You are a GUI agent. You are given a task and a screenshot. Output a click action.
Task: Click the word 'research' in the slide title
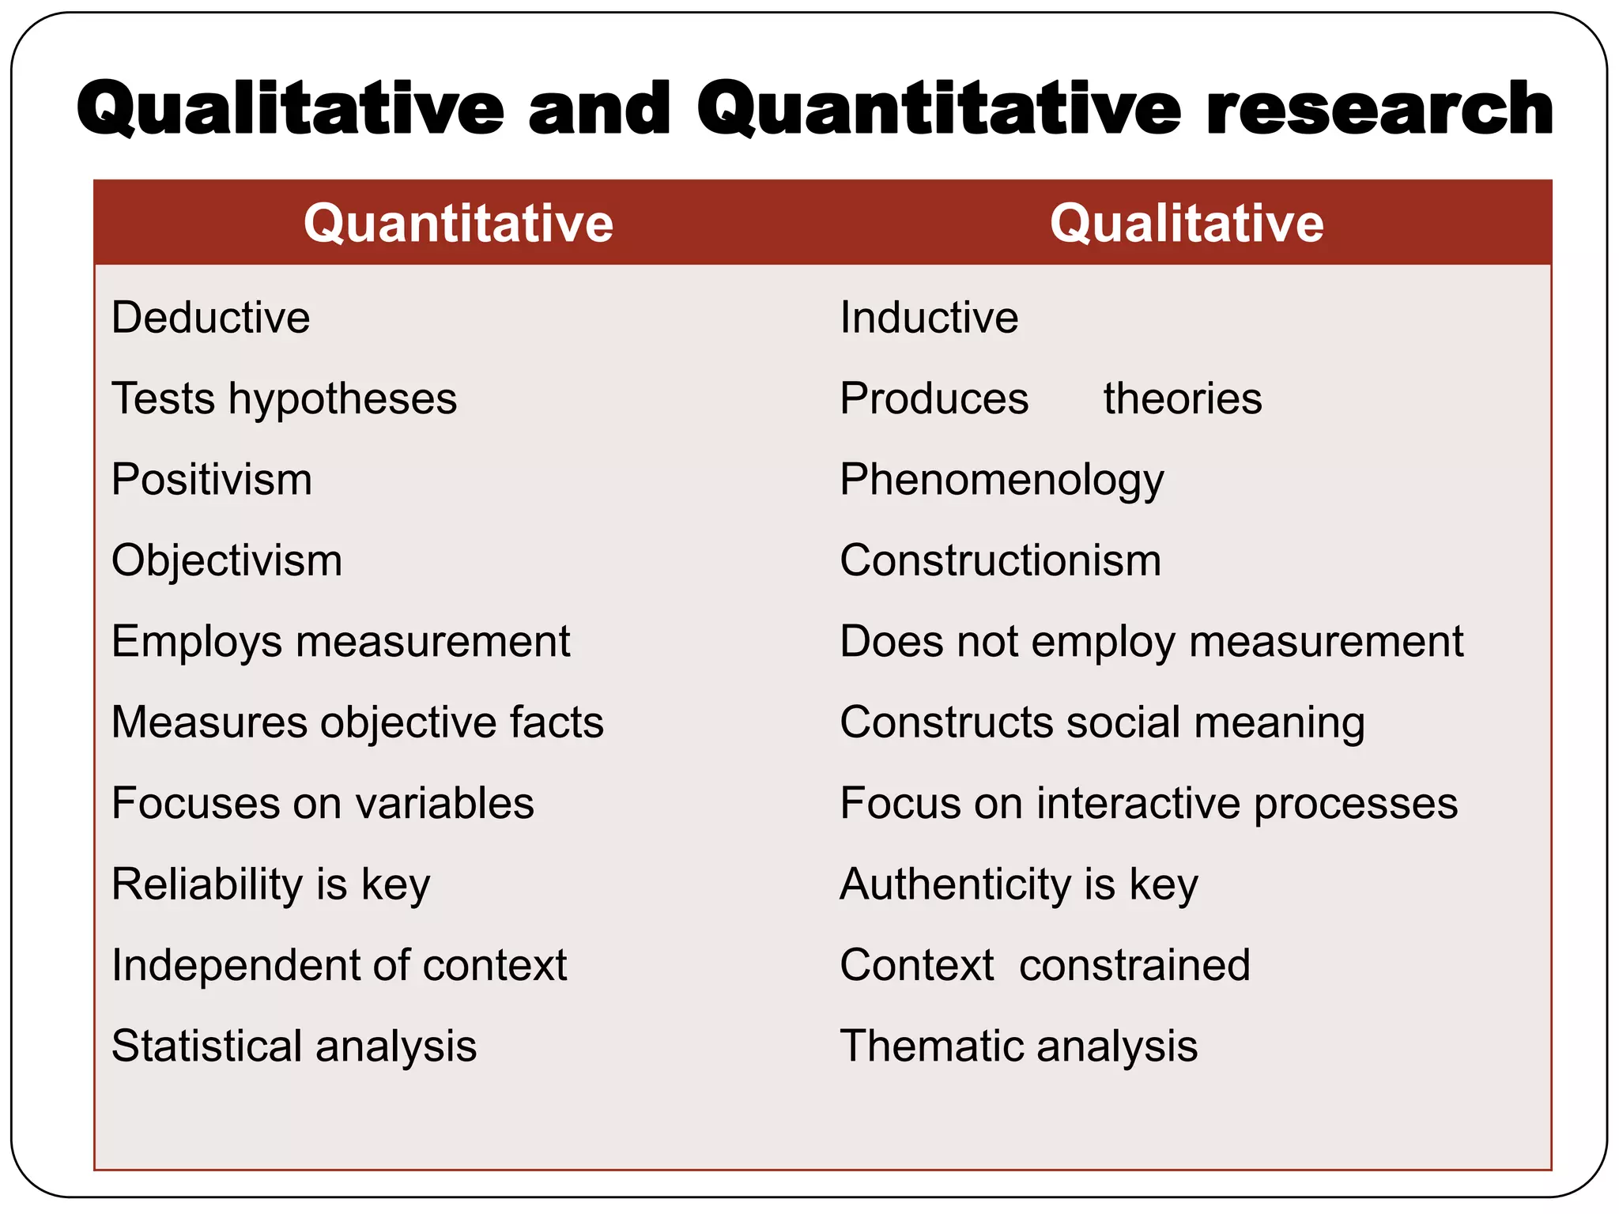click(x=1379, y=108)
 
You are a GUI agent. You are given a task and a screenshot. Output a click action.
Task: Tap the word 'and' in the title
click(x=599, y=108)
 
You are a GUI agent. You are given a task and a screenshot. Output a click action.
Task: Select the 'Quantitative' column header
click(x=459, y=223)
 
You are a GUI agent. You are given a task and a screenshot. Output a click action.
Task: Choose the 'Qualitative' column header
click(x=1187, y=223)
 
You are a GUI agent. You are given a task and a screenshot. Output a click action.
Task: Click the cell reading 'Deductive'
click(x=211, y=318)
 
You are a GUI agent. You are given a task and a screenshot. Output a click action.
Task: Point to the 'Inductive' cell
click(x=929, y=318)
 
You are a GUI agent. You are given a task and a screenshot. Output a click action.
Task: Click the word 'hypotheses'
click(x=343, y=399)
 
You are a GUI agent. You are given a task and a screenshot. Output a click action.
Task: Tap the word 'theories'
click(x=1183, y=398)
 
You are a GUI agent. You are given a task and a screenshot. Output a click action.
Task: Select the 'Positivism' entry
click(x=212, y=480)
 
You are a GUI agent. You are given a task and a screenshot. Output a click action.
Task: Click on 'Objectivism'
click(x=227, y=561)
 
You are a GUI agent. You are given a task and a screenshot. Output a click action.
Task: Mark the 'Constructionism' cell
click(x=1000, y=560)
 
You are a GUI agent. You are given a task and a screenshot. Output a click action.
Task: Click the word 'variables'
click(x=445, y=803)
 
